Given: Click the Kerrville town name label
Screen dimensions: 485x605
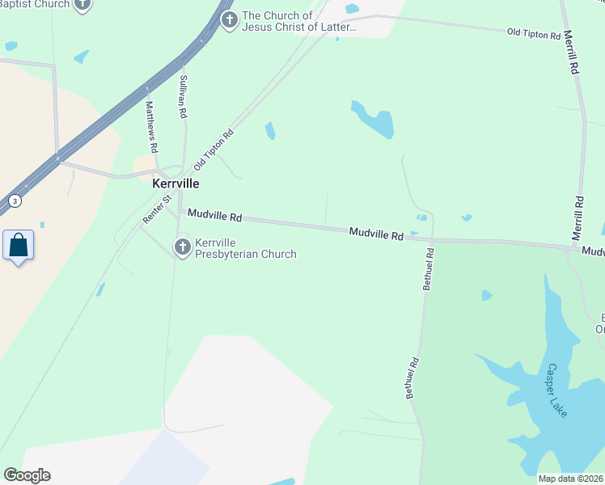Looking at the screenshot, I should pyautogui.click(x=176, y=183).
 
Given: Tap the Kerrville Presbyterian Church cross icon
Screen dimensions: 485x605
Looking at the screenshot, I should pyautogui.click(x=183, y=247).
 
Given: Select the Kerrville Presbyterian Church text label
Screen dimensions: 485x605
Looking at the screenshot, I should pyautogui.click(x=246, y=248).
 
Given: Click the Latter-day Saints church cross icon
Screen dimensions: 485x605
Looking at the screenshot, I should pyautogui.click(x=230, y=20).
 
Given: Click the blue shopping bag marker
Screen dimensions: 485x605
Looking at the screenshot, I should pyautogui.click(x=18, y=244).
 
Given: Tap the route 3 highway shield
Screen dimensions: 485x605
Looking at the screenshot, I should pyautogui.click(x=14, y=200).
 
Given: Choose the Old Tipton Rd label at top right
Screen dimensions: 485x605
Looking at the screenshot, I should pyautogui.click(x=534, y=33).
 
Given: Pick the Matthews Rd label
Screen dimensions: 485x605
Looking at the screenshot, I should pyautogui.click(x=150, y=126).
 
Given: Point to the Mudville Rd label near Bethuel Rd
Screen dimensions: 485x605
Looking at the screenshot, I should pyautogui.click(x=376, y=234).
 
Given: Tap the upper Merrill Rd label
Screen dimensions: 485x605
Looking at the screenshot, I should pyautogui.click(x=571, y=53).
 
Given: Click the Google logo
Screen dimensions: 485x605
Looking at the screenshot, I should pyautogui.click(x=27, y=475).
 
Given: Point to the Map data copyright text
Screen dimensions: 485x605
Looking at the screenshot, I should pyautogui.click(x=571, y=479).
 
